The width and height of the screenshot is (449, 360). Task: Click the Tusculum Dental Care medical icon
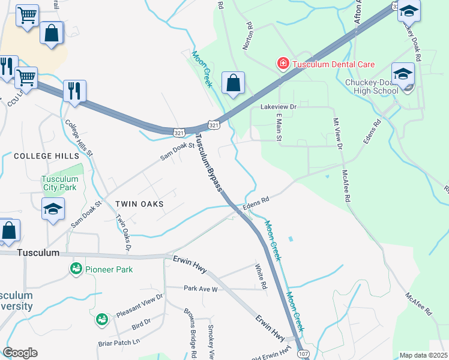282,64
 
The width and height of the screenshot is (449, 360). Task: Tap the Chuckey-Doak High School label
372,86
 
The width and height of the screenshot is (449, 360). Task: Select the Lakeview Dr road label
279,106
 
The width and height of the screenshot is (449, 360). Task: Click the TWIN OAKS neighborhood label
139,204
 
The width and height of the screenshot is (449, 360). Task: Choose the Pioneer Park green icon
76,269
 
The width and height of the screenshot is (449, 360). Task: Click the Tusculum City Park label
60,183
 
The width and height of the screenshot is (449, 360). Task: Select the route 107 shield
303,355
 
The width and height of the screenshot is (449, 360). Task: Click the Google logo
20,353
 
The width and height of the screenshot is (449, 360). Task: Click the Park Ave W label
200,289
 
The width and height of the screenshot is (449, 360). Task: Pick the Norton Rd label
249,37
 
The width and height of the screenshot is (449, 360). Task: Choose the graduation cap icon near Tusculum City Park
53,209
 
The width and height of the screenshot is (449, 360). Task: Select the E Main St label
279,130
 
